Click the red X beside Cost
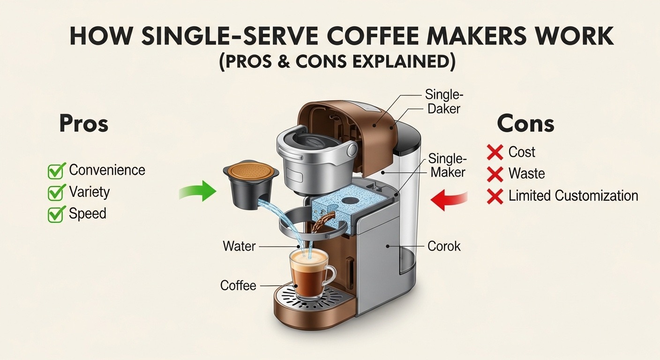click(495, 152)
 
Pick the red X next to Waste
click(495, 174)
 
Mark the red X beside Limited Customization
click(495, 196)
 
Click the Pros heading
click(84, 124)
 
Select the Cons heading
click(525, 124)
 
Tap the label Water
click(239, 246)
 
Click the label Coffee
click(238, 285)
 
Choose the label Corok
click(444, 246)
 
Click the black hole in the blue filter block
click(349, 200)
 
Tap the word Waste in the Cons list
click(526, 174)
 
